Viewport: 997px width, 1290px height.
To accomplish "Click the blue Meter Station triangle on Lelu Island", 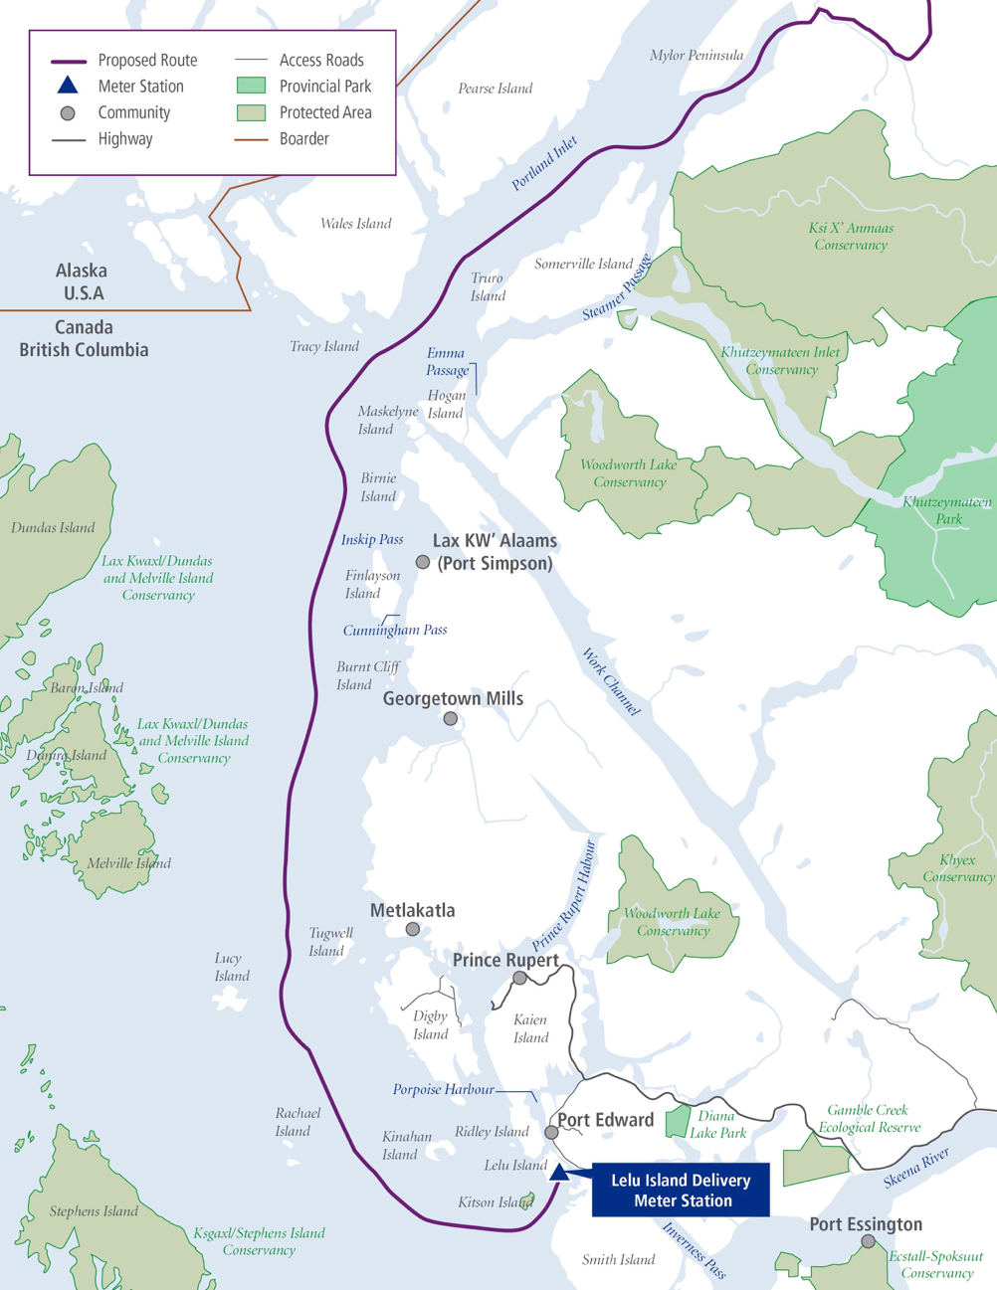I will [x=559, y=1172].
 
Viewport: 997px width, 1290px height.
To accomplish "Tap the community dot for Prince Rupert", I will [x=519, y=979].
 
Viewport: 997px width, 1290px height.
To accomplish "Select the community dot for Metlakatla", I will [x=413, y=929].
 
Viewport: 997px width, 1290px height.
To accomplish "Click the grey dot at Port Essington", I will [x=869, y=1241].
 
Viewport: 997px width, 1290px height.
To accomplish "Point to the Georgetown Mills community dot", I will [x=451, y=718].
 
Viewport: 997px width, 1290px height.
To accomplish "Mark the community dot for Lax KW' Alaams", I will [x=423, y=562].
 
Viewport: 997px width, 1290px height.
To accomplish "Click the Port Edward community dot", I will [x=551, y=1132].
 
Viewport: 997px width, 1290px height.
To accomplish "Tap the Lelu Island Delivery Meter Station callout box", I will [x=681, y=1190].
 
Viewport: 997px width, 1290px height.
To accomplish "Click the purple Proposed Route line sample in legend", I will [x=69, y=61].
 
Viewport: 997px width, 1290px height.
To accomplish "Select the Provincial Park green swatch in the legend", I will [x=251, y=87].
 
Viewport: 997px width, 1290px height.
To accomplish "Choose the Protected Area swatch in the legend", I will [x=251, y=112].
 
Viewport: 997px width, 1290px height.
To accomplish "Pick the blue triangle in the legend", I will [x=68, y=86].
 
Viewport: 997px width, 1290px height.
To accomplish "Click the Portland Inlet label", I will [x=544, y=164].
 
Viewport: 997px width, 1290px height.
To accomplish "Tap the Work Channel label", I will [x=611, y=681].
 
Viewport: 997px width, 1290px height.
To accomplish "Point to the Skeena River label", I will [x=916, y=1168].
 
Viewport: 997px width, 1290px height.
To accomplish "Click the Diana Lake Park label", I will [x=717, y=1124].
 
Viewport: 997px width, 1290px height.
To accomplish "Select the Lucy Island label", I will [x=232, y=967].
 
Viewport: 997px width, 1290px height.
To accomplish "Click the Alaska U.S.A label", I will [x=83, y=281].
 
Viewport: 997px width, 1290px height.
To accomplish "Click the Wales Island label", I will [x=355, y=224].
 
